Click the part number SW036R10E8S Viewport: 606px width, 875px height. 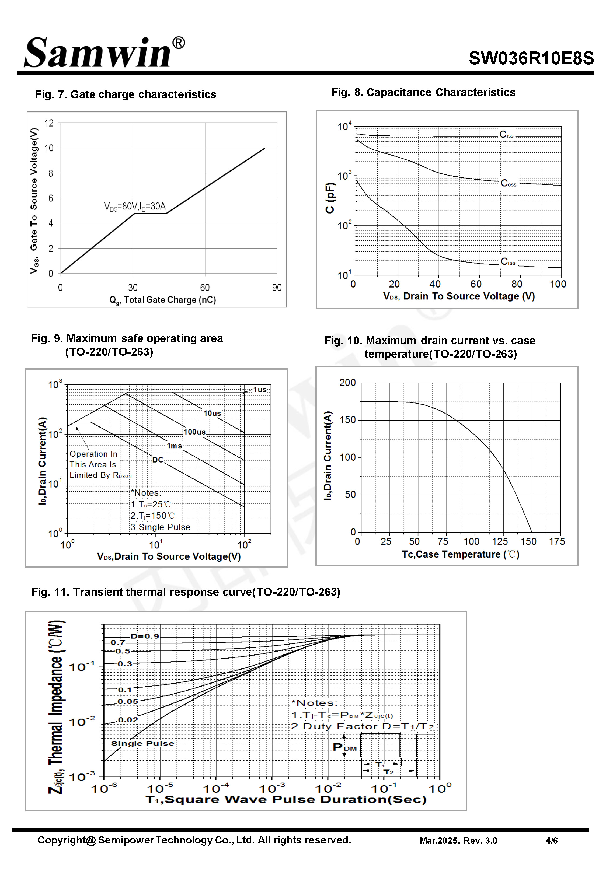(531, 58)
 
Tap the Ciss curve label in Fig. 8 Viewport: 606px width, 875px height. (506, 135)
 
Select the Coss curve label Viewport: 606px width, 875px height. (509, 184)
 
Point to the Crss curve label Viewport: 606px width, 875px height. (508, 261)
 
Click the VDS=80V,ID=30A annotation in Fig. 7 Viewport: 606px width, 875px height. (135, 206)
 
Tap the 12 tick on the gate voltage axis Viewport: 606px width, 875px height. (49, 123)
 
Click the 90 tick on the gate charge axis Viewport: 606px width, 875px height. (277, 288)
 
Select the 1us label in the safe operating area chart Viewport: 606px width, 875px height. (260, 390)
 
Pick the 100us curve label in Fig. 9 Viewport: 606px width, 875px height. (194, 432)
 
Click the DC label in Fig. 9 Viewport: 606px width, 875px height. (158, 460)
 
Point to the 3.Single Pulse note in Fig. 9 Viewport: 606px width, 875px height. (160, 527)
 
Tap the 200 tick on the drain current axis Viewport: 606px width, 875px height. (347, 383)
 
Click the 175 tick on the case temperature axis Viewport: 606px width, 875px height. (557, 541)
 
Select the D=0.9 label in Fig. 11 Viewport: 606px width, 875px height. (145, 636)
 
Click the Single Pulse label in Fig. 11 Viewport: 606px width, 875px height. (142, 743)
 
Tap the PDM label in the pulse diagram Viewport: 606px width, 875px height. (344, 747)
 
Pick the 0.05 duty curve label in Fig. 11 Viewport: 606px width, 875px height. (128, 702)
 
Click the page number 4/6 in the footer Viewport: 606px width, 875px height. (551, 841)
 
